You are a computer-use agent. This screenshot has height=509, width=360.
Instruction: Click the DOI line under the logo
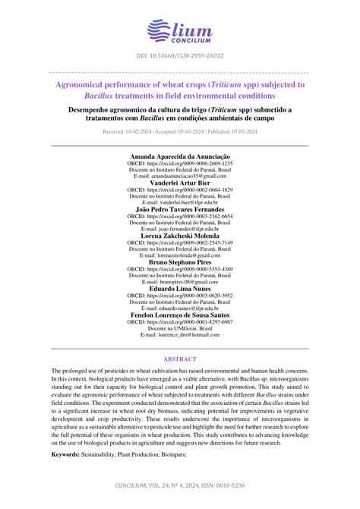click(179, 57)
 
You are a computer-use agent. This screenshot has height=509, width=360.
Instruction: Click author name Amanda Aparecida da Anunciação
click(180, 156)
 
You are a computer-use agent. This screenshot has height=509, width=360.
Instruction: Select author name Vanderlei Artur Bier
click(180, 182)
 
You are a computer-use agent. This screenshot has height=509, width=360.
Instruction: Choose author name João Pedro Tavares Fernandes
click(180, 209)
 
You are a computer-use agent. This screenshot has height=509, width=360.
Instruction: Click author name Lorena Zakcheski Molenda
click(180, 236)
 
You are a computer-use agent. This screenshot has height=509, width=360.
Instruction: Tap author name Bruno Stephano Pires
click(180, 262)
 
